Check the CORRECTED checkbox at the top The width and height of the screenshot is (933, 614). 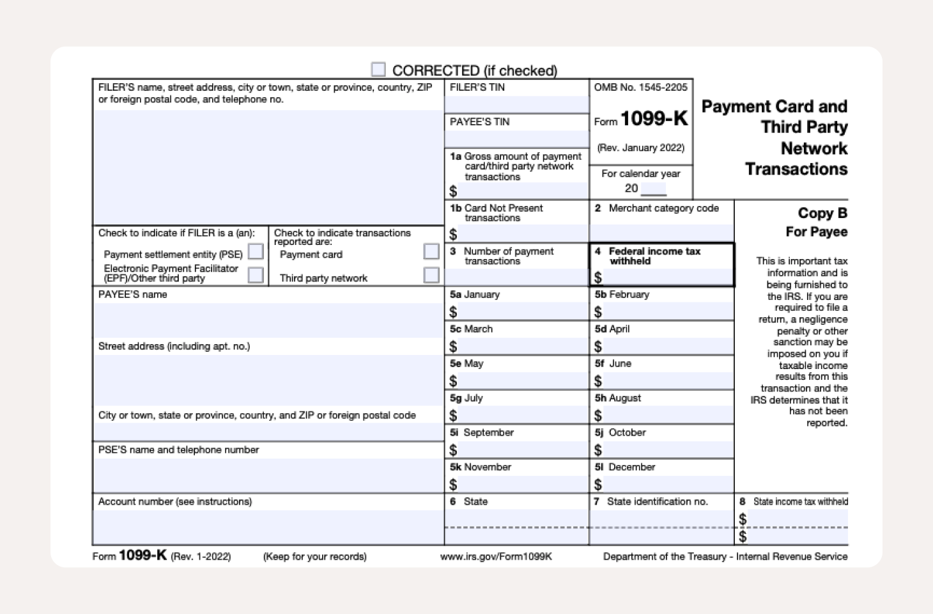[x=378, y=69]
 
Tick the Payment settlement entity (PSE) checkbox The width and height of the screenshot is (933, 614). [x=256, y=252]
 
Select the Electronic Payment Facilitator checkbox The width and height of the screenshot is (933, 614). [x=256, y=275]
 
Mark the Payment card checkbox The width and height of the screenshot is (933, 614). [x=431, y=251]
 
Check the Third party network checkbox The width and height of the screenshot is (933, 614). [x=431, y=275]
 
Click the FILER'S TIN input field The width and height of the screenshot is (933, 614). [x=516, y=104]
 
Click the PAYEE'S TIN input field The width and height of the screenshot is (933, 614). [x=516, y=138]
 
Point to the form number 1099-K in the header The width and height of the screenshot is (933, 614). [x=654, y=119]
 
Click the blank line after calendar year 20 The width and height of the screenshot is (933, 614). [x=653, y=189]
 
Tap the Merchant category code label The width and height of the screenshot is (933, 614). [x=663, y=209]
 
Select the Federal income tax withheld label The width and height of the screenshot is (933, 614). [x=654, y=256]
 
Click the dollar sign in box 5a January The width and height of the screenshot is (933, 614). [x=453, y=312]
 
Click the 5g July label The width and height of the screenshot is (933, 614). [x=466, y=398]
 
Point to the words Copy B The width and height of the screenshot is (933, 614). [x=822, y=213]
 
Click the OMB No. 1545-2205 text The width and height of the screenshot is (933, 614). [x=640, y=88]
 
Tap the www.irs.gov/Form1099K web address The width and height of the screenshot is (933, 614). [x=496, y=556]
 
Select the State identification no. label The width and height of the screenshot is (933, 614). [x=657, y=501]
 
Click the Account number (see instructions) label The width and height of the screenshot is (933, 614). [x=175, y=501]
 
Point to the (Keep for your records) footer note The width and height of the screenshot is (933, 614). [x=315, y=556]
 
